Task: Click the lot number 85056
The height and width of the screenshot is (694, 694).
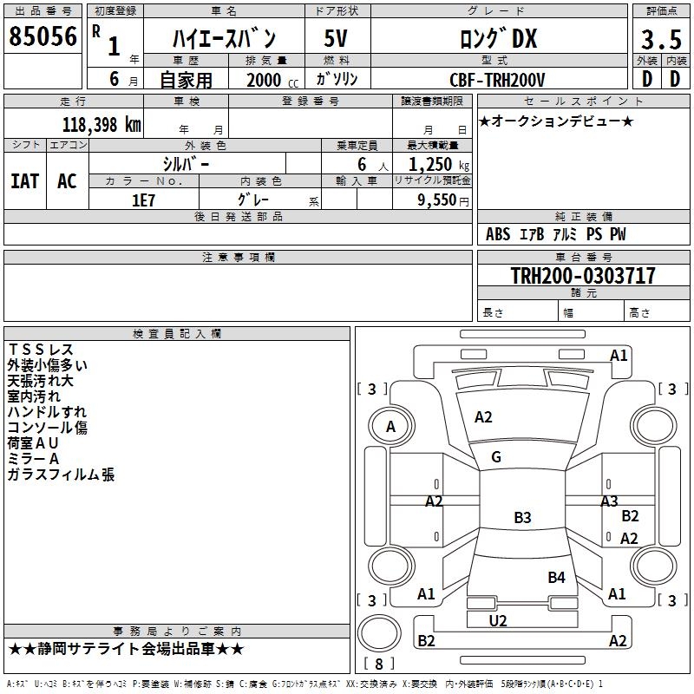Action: [43, 36]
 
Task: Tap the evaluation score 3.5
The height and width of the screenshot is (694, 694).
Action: [661, 39]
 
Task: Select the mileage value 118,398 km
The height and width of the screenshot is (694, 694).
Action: [101, 125]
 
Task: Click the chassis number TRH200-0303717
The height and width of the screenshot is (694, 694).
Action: [583, 275]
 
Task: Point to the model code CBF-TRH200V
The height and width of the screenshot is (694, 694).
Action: [497, 80]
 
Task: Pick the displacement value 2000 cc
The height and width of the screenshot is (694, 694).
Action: [272, 81]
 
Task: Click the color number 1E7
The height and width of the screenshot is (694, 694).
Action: [143, 200]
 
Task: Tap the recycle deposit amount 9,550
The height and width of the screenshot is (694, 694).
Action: [437, 200]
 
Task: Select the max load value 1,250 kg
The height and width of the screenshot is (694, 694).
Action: [439, 165]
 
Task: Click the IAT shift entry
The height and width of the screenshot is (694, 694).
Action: [25, 181]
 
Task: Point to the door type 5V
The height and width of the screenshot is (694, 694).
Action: [336, 38]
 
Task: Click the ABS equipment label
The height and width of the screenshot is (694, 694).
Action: [498, 234]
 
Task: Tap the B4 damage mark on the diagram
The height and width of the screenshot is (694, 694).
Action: [556, 577]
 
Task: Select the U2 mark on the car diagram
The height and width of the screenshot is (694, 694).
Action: [498, 621]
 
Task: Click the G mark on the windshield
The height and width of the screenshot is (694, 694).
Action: [496, 457]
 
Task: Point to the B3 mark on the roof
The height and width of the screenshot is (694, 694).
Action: [522, 517]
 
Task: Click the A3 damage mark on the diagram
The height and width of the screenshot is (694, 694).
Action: [609, 501]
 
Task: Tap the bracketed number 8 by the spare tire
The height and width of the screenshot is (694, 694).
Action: [379, 664]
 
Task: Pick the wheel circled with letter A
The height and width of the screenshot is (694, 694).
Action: [391, 427]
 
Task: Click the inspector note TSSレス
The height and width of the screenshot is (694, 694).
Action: [41, 350]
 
